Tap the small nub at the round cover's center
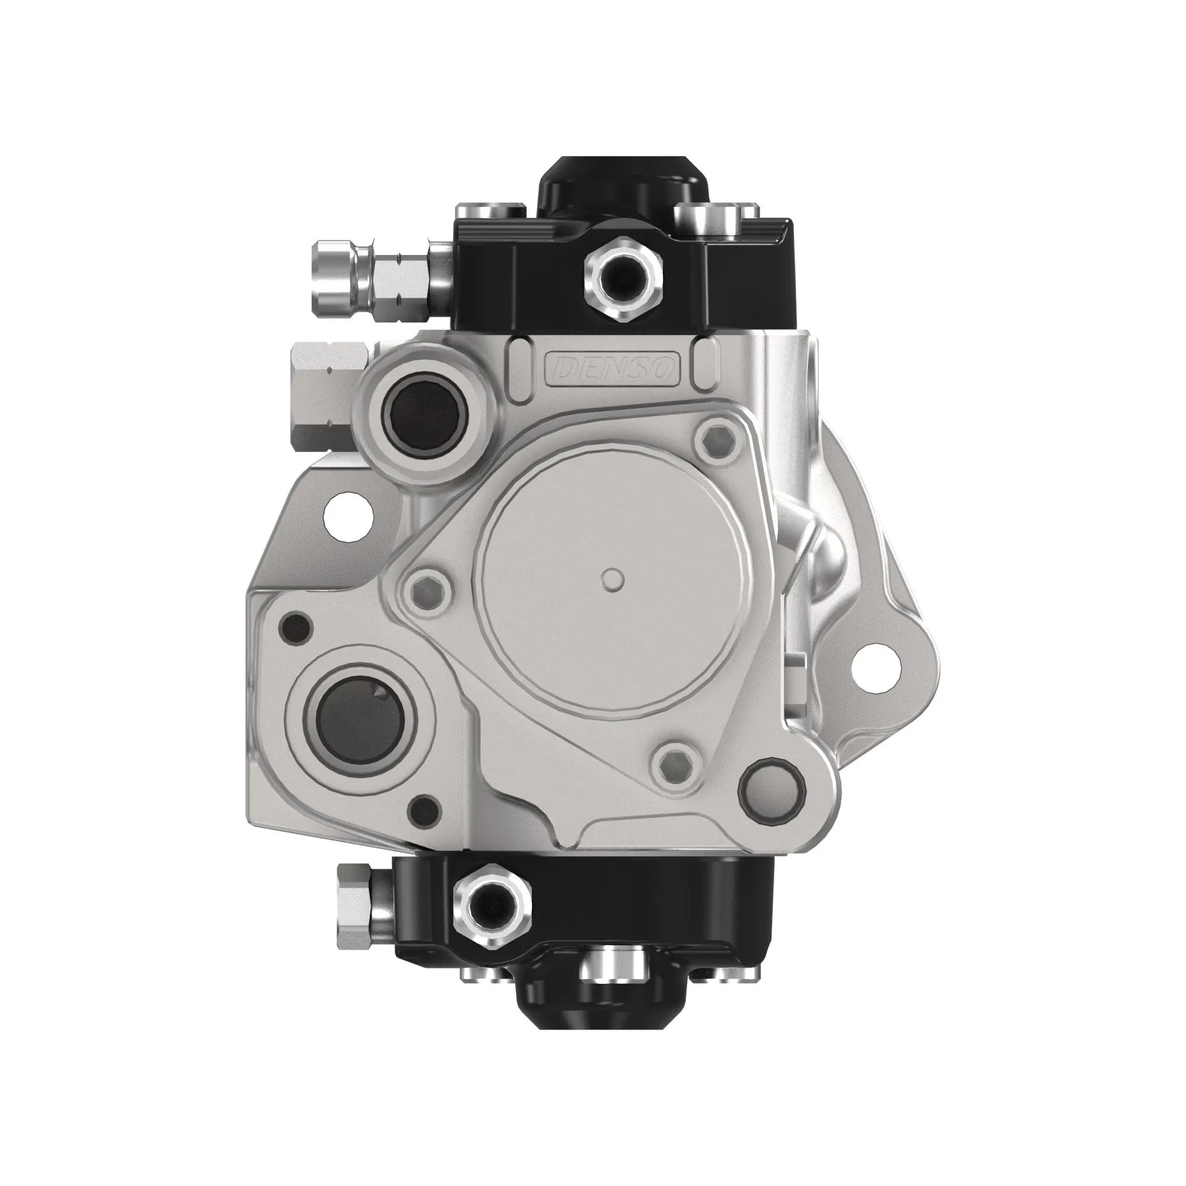click(x=612, y=579)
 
